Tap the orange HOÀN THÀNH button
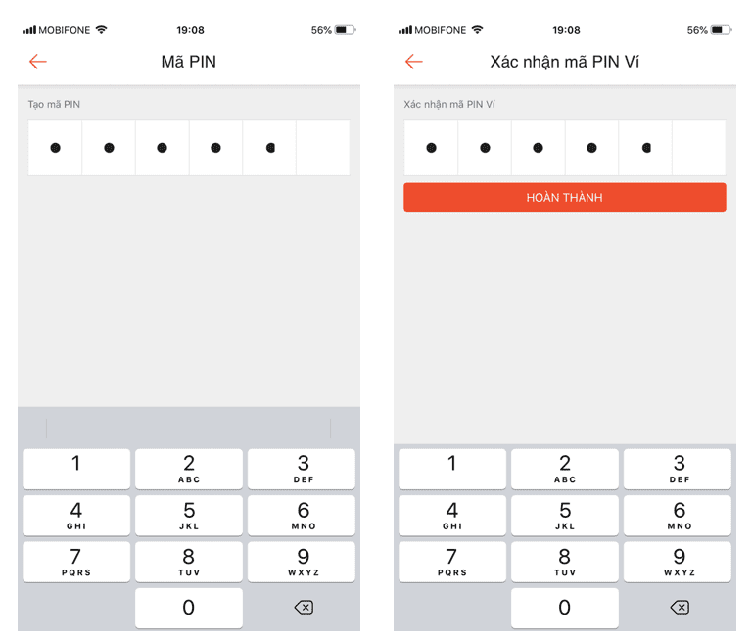pos(564,197)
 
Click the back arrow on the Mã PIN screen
pos(38,62)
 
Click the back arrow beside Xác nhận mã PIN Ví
pos(414,62)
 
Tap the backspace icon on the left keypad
pos(304,608)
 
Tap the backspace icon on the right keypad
pos(680,608)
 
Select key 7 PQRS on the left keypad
pos(76,562)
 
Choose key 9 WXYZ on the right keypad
pos(678,562)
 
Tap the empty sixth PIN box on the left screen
pos(323,148)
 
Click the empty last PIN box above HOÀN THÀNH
pos(699,148)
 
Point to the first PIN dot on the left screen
pos(55,148)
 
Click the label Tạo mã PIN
pos(54,104)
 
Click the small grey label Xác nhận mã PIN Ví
pos(449,104)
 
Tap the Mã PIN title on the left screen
pos(188,62)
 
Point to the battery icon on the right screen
pos(721,30)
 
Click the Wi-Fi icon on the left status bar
pos(101,29)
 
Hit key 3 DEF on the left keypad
pos(302,469)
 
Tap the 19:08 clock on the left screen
pos(190,30)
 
